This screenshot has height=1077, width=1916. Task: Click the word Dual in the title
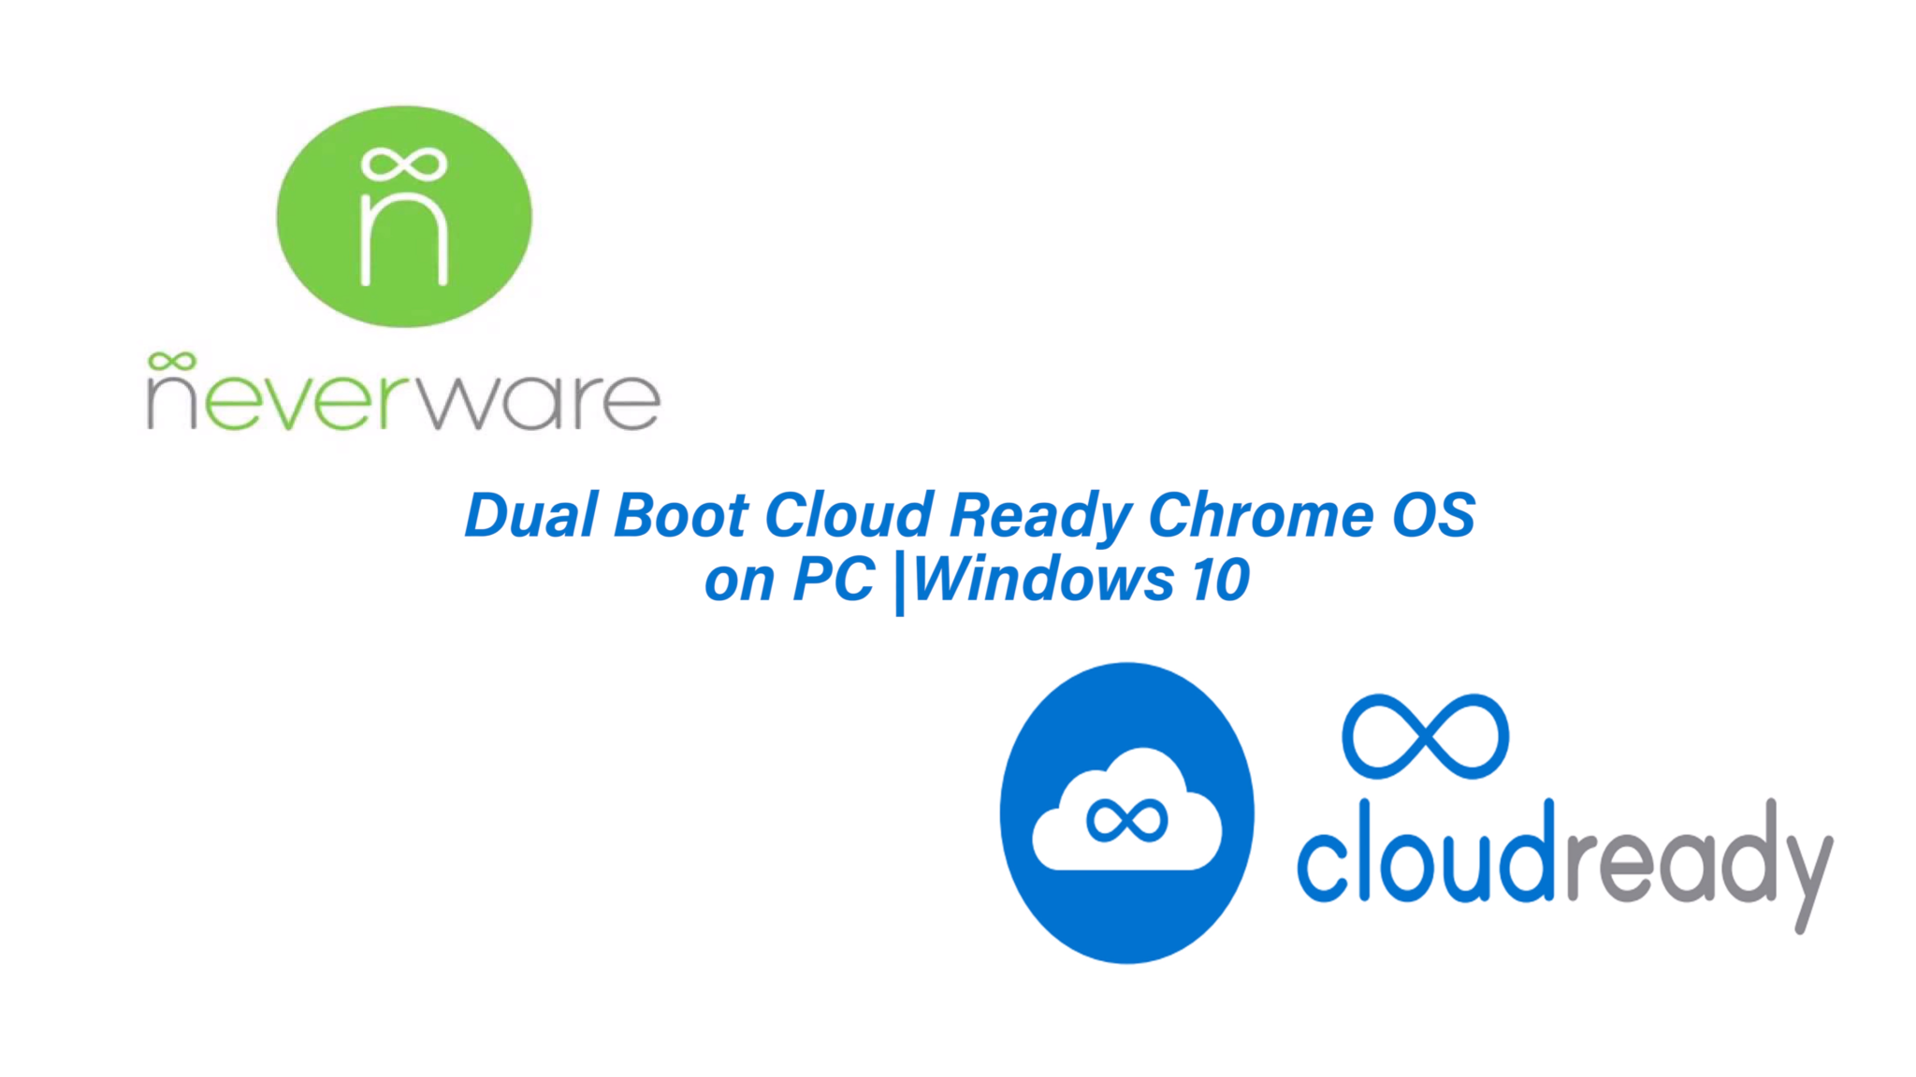531,515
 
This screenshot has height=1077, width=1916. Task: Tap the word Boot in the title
681,515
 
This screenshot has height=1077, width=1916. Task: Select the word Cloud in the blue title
849,515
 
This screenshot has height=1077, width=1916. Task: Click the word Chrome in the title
1260,515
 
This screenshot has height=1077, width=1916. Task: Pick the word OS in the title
1433,515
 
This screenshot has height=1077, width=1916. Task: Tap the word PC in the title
834,580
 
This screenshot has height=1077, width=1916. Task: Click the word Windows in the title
1043,579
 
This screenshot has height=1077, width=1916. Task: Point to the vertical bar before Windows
900,584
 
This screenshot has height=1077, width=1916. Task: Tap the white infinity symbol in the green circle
404,165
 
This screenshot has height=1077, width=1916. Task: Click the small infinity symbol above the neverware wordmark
171,361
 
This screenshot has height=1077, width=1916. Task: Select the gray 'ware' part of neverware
539,402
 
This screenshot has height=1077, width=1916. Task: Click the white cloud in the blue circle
1126,810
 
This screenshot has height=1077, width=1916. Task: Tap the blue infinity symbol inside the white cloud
1126,821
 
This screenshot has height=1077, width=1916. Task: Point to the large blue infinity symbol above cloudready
1425,737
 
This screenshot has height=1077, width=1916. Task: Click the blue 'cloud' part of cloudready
1426,851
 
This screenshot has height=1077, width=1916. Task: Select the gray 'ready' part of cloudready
1695,865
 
